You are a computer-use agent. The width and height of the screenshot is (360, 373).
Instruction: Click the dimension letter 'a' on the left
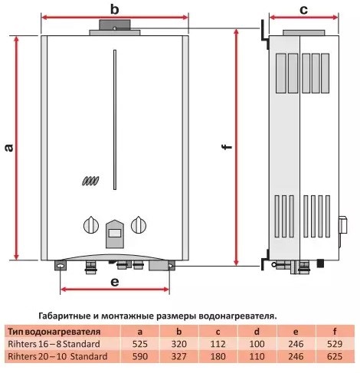click(8, 147)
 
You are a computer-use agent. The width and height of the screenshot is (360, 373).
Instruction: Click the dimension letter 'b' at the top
click(114, 9)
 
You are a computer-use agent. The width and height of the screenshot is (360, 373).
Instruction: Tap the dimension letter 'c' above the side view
click(303, 9)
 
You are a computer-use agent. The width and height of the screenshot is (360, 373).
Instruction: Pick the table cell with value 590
click(139, 356)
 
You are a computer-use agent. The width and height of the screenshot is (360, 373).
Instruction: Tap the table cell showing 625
click(333, 356)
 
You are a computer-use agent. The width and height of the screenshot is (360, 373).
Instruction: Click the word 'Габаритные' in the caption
click(66, 315)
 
